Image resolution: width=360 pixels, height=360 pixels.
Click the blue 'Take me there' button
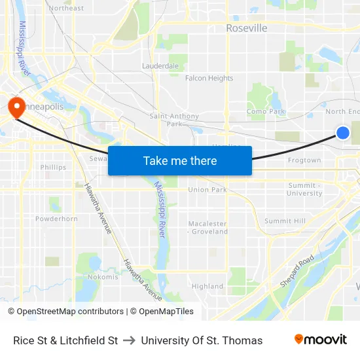point(180,160)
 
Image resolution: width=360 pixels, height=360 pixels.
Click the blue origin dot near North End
point(343,133)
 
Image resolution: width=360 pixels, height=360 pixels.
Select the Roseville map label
point(246,28)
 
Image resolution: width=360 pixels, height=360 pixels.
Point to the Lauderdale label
point(160,66)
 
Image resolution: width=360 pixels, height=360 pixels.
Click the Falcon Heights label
point(209,78)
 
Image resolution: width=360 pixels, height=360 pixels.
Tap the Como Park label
point(266,112)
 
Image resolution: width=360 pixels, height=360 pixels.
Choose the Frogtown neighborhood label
point(304,160)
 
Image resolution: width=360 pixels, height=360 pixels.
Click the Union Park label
point(207,190)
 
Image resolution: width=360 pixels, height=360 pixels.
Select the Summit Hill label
point(285,221)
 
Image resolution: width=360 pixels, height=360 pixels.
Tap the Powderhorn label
point(56,219)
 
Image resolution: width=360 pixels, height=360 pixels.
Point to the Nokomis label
point(103,277)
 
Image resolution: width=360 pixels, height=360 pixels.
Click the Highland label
point(207,286)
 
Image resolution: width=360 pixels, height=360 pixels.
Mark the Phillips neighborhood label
point(53,167)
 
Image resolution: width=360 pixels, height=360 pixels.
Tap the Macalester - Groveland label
point(208,227)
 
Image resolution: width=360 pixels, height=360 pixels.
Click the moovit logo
point(320,340)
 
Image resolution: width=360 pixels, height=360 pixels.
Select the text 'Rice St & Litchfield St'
point(65,340)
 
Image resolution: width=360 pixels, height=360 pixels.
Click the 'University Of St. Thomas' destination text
point(202,340)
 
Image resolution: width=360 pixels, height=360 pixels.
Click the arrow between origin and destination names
point(129,340)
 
